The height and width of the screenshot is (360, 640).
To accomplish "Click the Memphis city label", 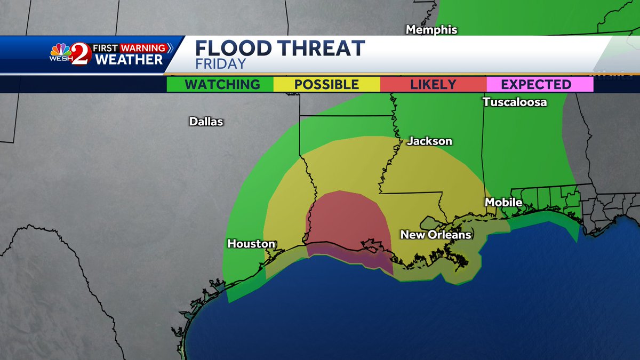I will [431, 30].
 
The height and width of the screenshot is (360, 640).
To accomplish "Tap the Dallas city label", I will [206, 122].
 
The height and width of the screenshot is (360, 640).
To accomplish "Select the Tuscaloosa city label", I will [515, 102].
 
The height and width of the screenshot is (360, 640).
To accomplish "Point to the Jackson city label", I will [429, 141].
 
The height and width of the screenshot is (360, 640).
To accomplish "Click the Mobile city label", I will [503, 202].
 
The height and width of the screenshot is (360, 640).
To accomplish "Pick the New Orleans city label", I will [436, 235].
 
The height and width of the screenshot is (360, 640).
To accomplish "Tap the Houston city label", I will [251, 244].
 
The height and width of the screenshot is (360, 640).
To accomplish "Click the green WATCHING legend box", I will [220, 84].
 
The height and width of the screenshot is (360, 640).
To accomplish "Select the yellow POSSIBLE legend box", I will [326, 84].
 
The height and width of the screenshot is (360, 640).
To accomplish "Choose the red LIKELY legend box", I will [433, 84].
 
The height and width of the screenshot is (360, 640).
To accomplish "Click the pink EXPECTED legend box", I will [540, 84].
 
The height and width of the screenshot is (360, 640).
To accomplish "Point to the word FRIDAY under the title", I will [220, 64].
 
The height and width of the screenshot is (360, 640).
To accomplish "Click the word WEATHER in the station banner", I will [129, 60].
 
